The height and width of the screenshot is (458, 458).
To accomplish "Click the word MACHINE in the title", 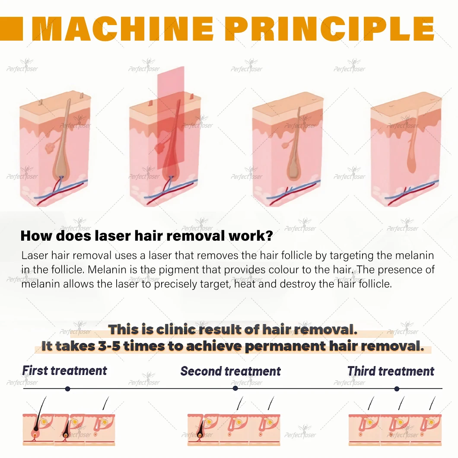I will [123, 29].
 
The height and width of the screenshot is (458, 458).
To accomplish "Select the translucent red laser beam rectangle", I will [171, 125].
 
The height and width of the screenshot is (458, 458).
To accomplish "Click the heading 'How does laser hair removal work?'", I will [147, 236].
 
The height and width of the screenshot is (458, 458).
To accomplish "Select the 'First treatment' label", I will [64, 371].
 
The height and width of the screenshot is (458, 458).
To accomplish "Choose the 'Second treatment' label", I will [230, 371].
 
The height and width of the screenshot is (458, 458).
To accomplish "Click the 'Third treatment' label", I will [391, 371].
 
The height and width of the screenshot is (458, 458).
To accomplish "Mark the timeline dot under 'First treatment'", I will [67, 388].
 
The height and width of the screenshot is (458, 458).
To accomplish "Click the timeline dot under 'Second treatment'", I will [235, 388].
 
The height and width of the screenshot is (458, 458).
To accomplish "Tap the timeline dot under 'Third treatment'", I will [397, 388].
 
